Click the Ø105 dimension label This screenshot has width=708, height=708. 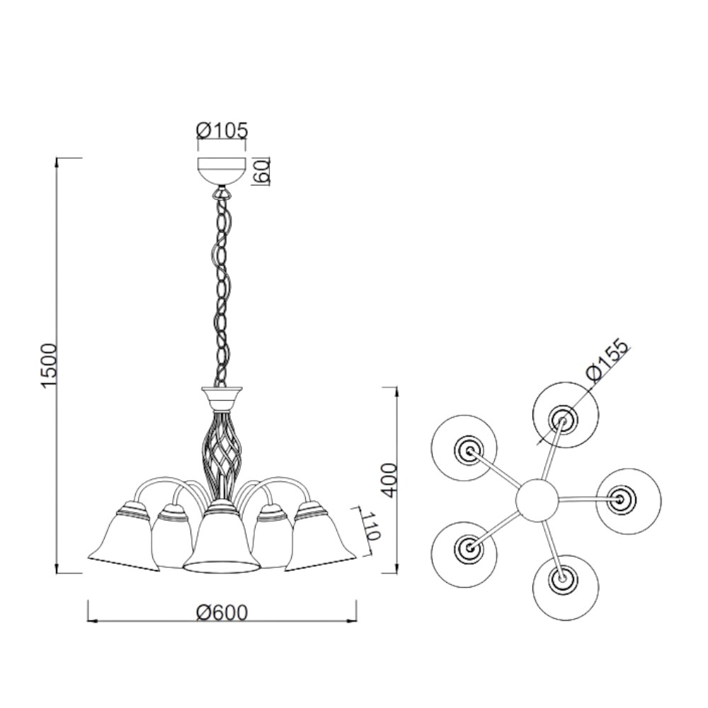point(222,130)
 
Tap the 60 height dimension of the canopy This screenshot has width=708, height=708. point(263,171)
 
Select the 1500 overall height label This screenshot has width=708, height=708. point(49,365)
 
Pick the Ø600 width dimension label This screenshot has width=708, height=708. point(222,612)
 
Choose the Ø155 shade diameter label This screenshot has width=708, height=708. point(607,361)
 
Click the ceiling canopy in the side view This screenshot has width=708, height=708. point(222,170)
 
